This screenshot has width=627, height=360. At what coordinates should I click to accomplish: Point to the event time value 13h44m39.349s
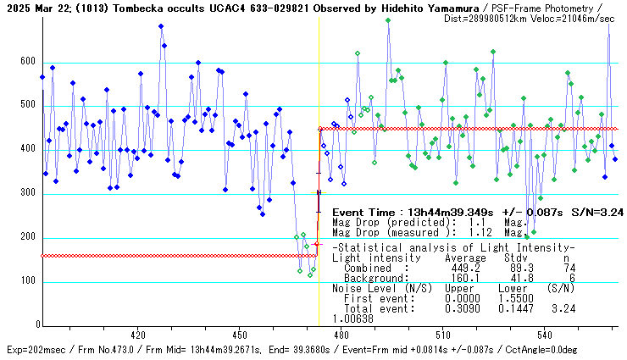coord(444,212)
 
